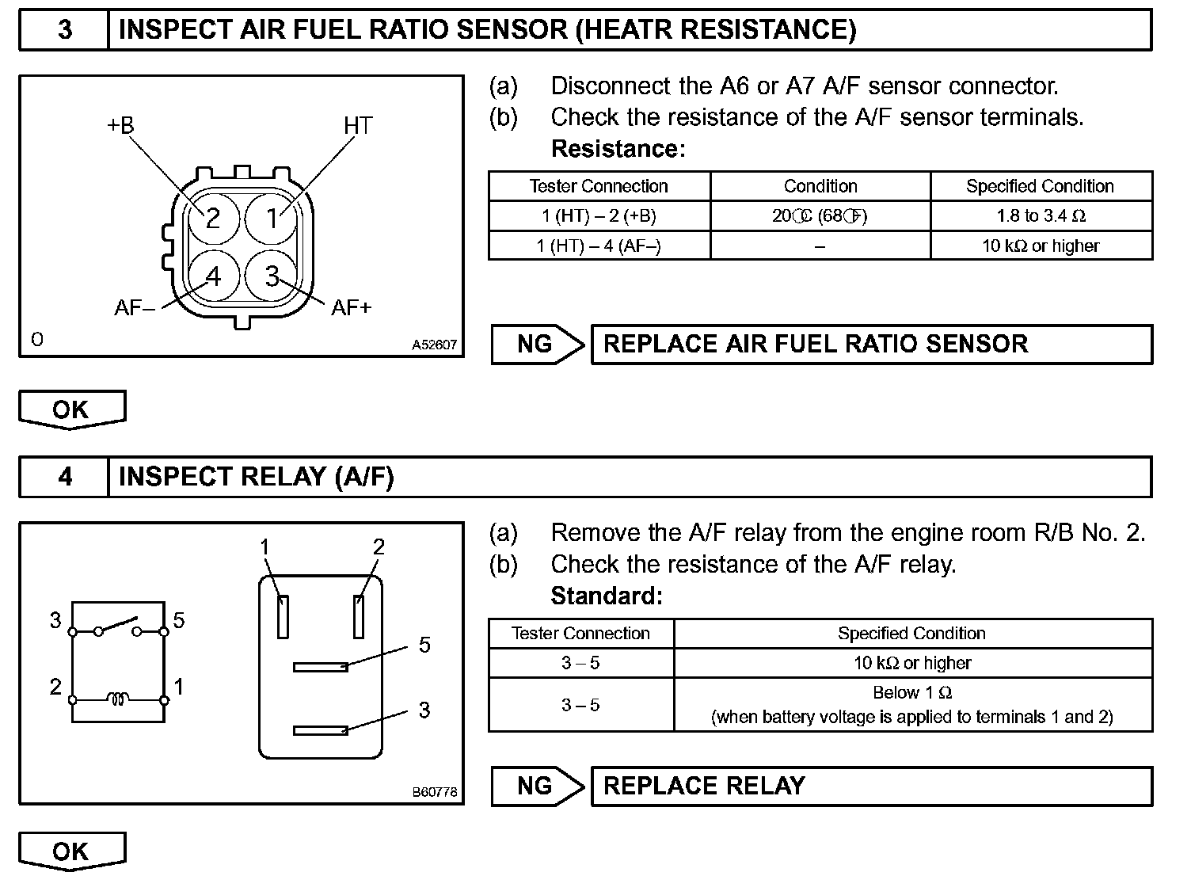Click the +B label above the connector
(x=120, y=125)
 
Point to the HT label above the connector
(x=358, y=125)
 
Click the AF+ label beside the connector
(x=351, y=307)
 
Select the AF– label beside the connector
(x=135, y=307)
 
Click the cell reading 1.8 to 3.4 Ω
(x=1041, y=215)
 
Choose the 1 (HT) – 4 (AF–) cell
(x=599, y=246)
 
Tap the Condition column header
(x=820, y=186)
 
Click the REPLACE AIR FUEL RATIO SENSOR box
(x=871, y=344)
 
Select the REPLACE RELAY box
(x=871, y=786)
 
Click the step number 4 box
(x=64, y=477)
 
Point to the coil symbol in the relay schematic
(x=118, y=699)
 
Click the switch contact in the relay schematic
(x=118, y=626)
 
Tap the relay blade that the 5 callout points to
(x=320, y=667)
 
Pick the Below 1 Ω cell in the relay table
(x=912, y=704)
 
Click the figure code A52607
(x=434, y=345)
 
